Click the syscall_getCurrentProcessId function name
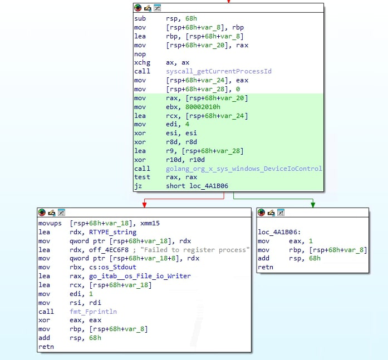(219, 71)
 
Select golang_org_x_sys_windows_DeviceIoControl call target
(244, 169)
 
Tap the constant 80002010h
(203, 107)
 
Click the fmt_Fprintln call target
(93, 312)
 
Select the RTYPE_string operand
(112, 232)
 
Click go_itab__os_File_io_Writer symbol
(140, 276)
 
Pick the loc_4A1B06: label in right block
(279, 232)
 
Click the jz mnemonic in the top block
(138, 186)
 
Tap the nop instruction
(140, 54)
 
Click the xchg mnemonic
(142, 63)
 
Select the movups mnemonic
(50, 224)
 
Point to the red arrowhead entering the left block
(145, 205)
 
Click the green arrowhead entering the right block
(313, 205)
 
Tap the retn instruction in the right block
(266, 267)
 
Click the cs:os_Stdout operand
(112, 267)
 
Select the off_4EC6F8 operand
(109, 250)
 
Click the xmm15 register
(150, 224)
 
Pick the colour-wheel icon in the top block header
(138, 8)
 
